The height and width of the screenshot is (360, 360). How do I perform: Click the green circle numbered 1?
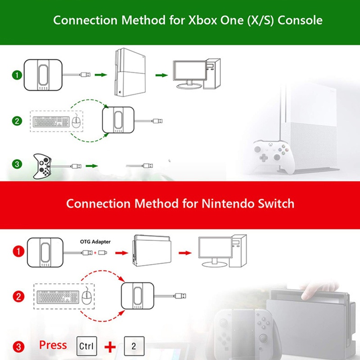(17, 75)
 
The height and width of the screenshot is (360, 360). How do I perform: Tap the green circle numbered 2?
(17, 121)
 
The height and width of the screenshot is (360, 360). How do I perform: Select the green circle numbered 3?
(17, 164)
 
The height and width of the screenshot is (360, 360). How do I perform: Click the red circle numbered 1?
(18, 252)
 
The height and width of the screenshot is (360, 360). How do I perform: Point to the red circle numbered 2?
(18, 297)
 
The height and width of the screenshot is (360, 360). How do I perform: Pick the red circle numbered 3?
(18, 346)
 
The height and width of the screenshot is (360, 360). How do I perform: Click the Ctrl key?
(86, 346)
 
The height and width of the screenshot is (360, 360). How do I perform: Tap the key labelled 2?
(134, 346)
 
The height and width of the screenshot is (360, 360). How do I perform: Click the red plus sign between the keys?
(110, 346)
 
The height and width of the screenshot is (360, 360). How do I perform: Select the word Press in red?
(53, 345)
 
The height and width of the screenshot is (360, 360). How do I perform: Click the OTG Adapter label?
(95, 242)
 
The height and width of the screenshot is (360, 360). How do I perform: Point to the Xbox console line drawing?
(130, 72)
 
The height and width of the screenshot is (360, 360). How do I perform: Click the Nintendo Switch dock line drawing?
(152, 251)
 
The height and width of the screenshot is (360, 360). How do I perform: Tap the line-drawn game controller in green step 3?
(42, 166)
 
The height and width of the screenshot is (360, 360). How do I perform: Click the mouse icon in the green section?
(76, 121)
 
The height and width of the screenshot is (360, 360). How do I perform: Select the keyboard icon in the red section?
(58, 297)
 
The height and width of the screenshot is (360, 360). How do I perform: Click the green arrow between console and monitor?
(162, 75)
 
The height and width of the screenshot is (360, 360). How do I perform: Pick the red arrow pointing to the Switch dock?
(121, 253)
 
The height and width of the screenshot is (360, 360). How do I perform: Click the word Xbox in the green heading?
(202, 20)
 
